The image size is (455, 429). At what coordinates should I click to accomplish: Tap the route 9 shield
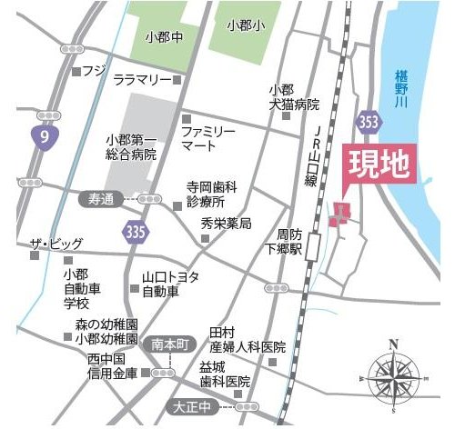(x=40, y=137)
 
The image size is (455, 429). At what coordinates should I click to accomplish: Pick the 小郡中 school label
(x=165, y=38)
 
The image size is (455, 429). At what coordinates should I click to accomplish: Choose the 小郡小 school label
(x=244, y=25)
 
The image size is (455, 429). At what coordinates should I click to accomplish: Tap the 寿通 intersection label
(x=95, y=198)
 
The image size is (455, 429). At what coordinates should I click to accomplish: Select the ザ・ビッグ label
(x=56, y=244)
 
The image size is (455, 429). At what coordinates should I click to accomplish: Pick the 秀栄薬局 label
(x=226, y=224)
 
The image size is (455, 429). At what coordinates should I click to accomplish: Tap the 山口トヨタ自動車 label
(x=169, y=284)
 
